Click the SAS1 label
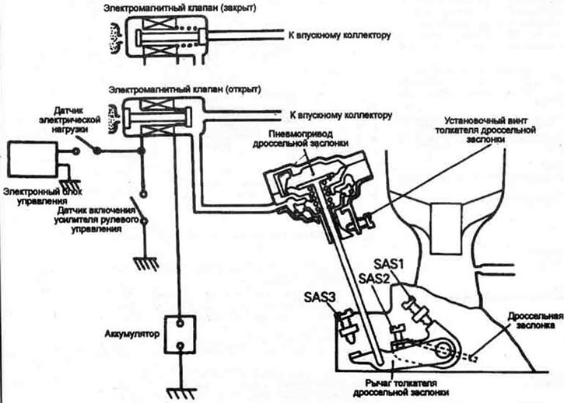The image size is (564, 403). (388, 264)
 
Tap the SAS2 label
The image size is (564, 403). (374, 278)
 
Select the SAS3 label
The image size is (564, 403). (320, 297)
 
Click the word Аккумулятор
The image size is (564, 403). (131, 334)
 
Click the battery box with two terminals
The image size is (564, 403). (180, 335)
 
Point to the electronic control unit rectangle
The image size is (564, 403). (33, 158)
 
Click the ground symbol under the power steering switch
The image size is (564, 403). (145, 263)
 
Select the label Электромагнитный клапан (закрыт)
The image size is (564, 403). (180, 9)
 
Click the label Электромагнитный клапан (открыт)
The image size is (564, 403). (185, 89)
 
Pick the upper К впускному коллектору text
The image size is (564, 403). (339, 36)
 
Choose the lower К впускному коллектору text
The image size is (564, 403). (341, 116)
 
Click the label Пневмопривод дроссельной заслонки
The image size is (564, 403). (300, 138)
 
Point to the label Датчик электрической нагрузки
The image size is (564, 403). (70, 120)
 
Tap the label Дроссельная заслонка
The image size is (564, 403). (535, 321)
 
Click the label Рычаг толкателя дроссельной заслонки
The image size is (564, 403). (401, 388)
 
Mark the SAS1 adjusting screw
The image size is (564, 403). (416, 310)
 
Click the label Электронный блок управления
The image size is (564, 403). (43, 196)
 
